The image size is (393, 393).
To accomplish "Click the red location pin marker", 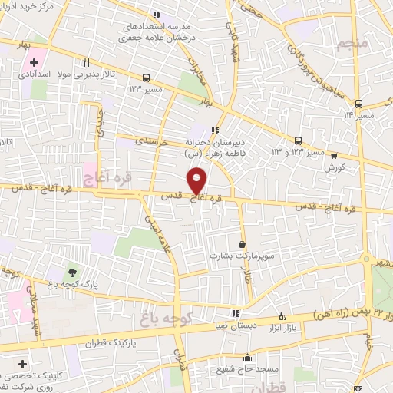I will (196, 180).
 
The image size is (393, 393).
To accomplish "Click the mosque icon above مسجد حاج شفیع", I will (247, 357).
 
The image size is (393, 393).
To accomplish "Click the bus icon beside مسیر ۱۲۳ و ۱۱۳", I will (297, 140).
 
